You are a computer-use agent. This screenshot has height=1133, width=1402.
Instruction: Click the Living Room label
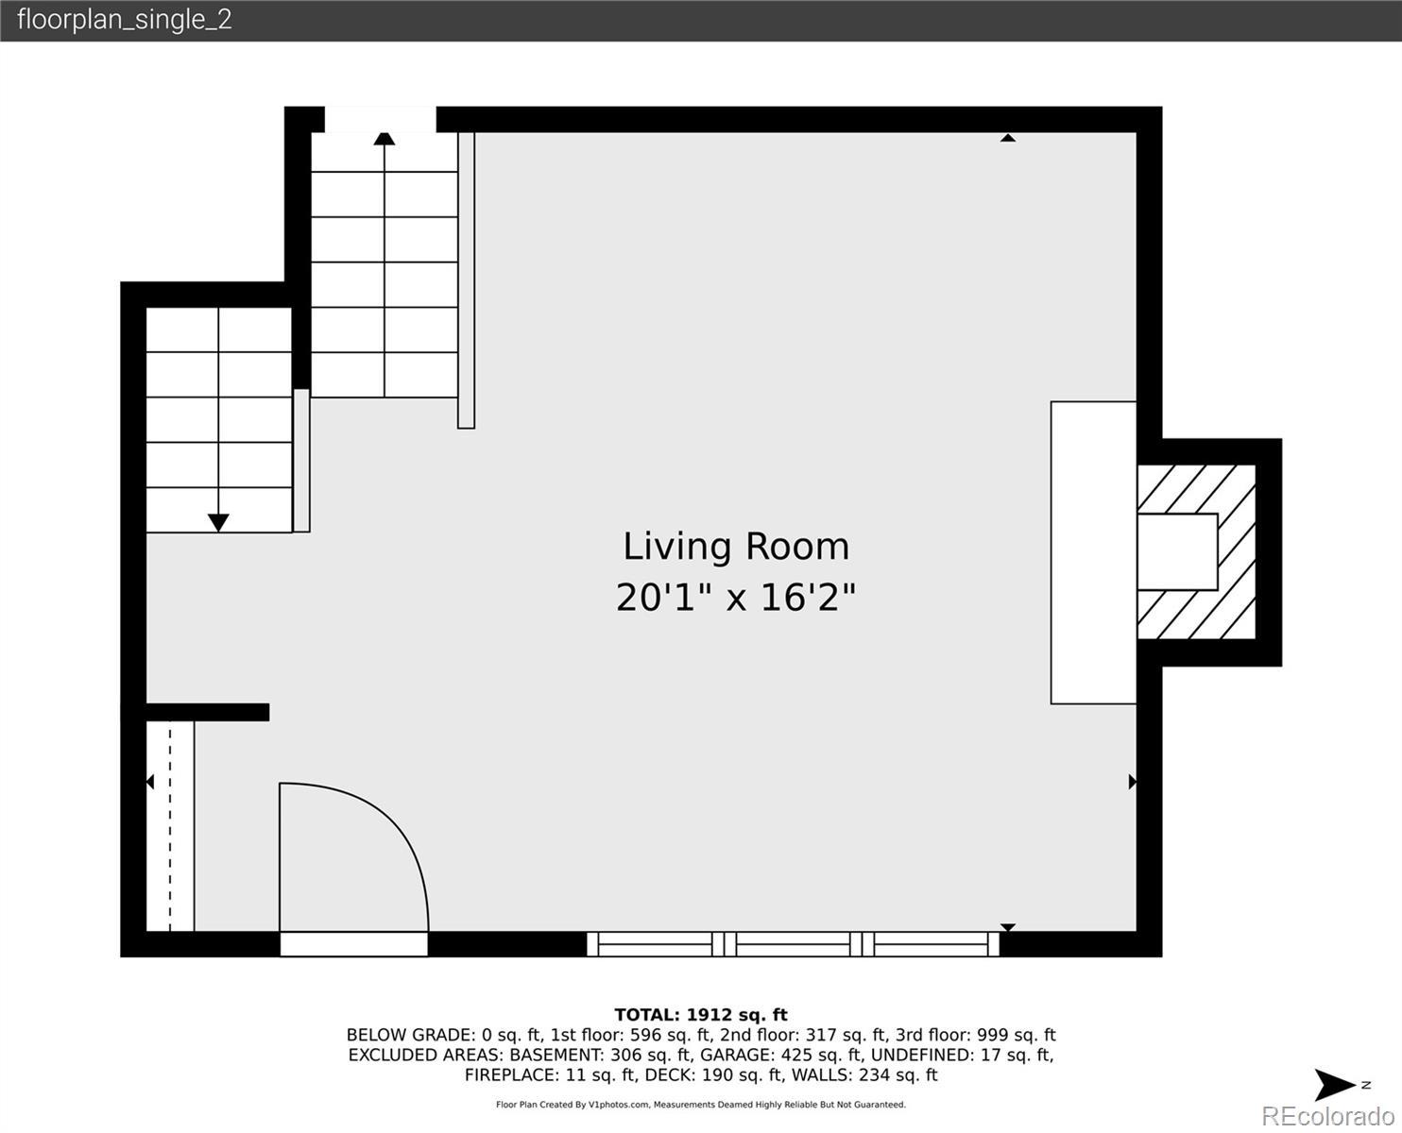click(736, 547)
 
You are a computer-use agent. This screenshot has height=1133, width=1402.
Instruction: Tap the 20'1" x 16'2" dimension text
click(736, 598)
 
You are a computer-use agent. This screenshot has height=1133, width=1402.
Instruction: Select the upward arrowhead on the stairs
click(385, 139)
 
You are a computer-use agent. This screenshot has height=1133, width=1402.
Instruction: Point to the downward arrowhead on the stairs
click(218, 523)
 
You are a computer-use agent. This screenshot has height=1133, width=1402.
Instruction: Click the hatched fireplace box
click(1197, 551)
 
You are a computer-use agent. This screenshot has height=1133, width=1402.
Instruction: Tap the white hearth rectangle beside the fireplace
click(1093, 552)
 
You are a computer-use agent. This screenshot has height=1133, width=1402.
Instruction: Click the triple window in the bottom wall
click(794, 944)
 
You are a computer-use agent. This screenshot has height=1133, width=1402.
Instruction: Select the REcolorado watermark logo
click(1327, 1116)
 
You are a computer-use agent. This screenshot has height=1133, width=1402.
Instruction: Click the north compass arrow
click(1334, 1085)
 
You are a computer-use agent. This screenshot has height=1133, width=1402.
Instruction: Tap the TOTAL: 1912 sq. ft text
click(701, 1015)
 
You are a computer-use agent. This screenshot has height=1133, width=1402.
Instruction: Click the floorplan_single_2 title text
click(125, 20)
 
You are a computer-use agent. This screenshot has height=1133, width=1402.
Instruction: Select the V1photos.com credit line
click(701, 1105)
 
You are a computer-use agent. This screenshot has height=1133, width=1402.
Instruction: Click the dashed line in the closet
click(170, 826)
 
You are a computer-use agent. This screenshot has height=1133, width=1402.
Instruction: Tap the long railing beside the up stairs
click(466, 280)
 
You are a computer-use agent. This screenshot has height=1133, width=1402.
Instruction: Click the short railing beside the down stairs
click(301, 461)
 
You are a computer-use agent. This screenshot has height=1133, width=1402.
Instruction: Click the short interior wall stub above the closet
click(207, 712)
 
